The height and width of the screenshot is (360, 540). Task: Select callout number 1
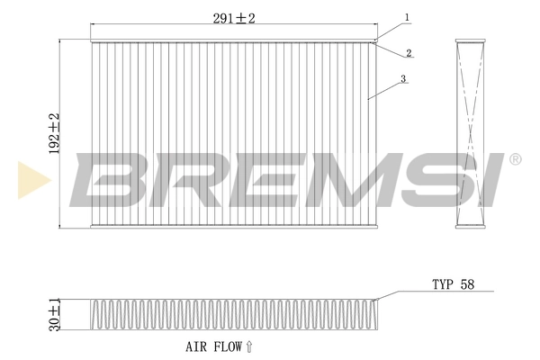click(x=407, y=17)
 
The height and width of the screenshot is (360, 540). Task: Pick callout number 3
click(x=404, y=79)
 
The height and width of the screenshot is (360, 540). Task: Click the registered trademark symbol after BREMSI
click(x=515, y=160)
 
